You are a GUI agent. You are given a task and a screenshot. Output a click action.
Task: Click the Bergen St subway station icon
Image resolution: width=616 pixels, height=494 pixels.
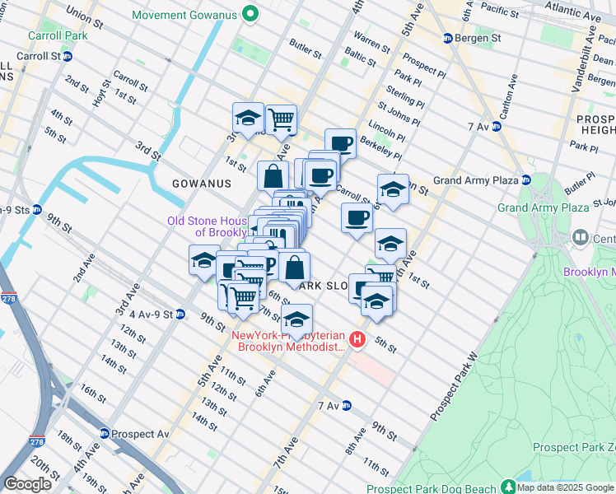pos(448,38)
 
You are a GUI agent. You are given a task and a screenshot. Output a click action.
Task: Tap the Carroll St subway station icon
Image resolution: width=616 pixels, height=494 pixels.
pos(68,56)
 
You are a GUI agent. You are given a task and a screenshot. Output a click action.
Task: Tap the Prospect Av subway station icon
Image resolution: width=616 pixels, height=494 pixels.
pos(105,433)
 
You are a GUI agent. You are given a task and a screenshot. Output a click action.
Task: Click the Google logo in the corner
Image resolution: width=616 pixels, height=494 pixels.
pos(27,484)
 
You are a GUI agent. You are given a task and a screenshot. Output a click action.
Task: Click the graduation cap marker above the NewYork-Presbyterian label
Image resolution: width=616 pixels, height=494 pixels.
pos(297,319)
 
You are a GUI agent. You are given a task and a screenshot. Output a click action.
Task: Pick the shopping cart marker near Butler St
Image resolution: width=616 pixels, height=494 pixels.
pos(282,119)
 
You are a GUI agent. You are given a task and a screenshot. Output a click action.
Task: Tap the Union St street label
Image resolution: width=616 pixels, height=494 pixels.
pos(90,14)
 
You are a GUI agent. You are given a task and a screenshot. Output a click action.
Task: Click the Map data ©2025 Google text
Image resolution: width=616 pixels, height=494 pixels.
pos(566,487)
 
